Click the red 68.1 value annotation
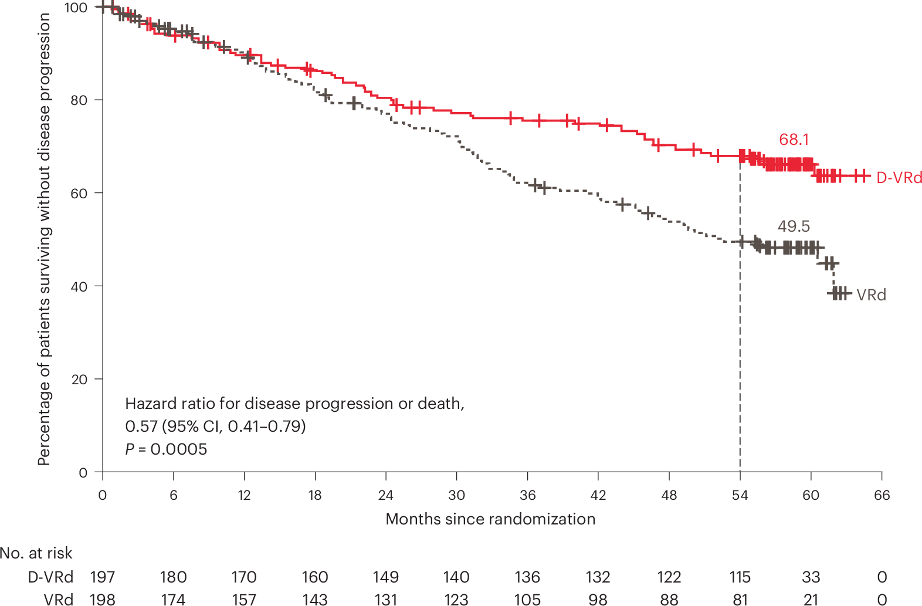pyautogui.click(x=794, y=140)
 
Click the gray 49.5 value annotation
pyautogui.click(x=794, y=226)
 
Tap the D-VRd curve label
pyautogui.click(x=899, y=178)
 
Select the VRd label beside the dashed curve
pyautogui.click(x=871, y=295)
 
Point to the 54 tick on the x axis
pyautogui.click(x=740, y=495)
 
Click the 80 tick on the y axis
pyautogui.click(x=79, y=100)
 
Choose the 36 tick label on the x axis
pyautogui.click(x=527, y=495)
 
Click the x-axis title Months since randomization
pyautogui.click(x=490, y=519)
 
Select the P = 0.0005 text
pyautogui.click(x=166, y=449)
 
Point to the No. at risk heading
pyautogui.click(x=36, y=553)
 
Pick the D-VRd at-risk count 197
pyautogui.click(x=103, y=577)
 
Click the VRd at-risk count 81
pyautogui.click(x=740, y=600)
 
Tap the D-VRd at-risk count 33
pyautogui.click(x=811, y=577)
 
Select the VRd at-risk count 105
pyautogui.click(x=527, y=600)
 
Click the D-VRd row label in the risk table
pyautogui.click(x=51, y=577)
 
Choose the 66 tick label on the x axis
pyautogui.click(x=882, y=495)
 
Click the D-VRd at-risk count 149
pyautogui.click(x=385, y=577)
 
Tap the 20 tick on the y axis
pyautogui.click(x=79, y=380)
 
